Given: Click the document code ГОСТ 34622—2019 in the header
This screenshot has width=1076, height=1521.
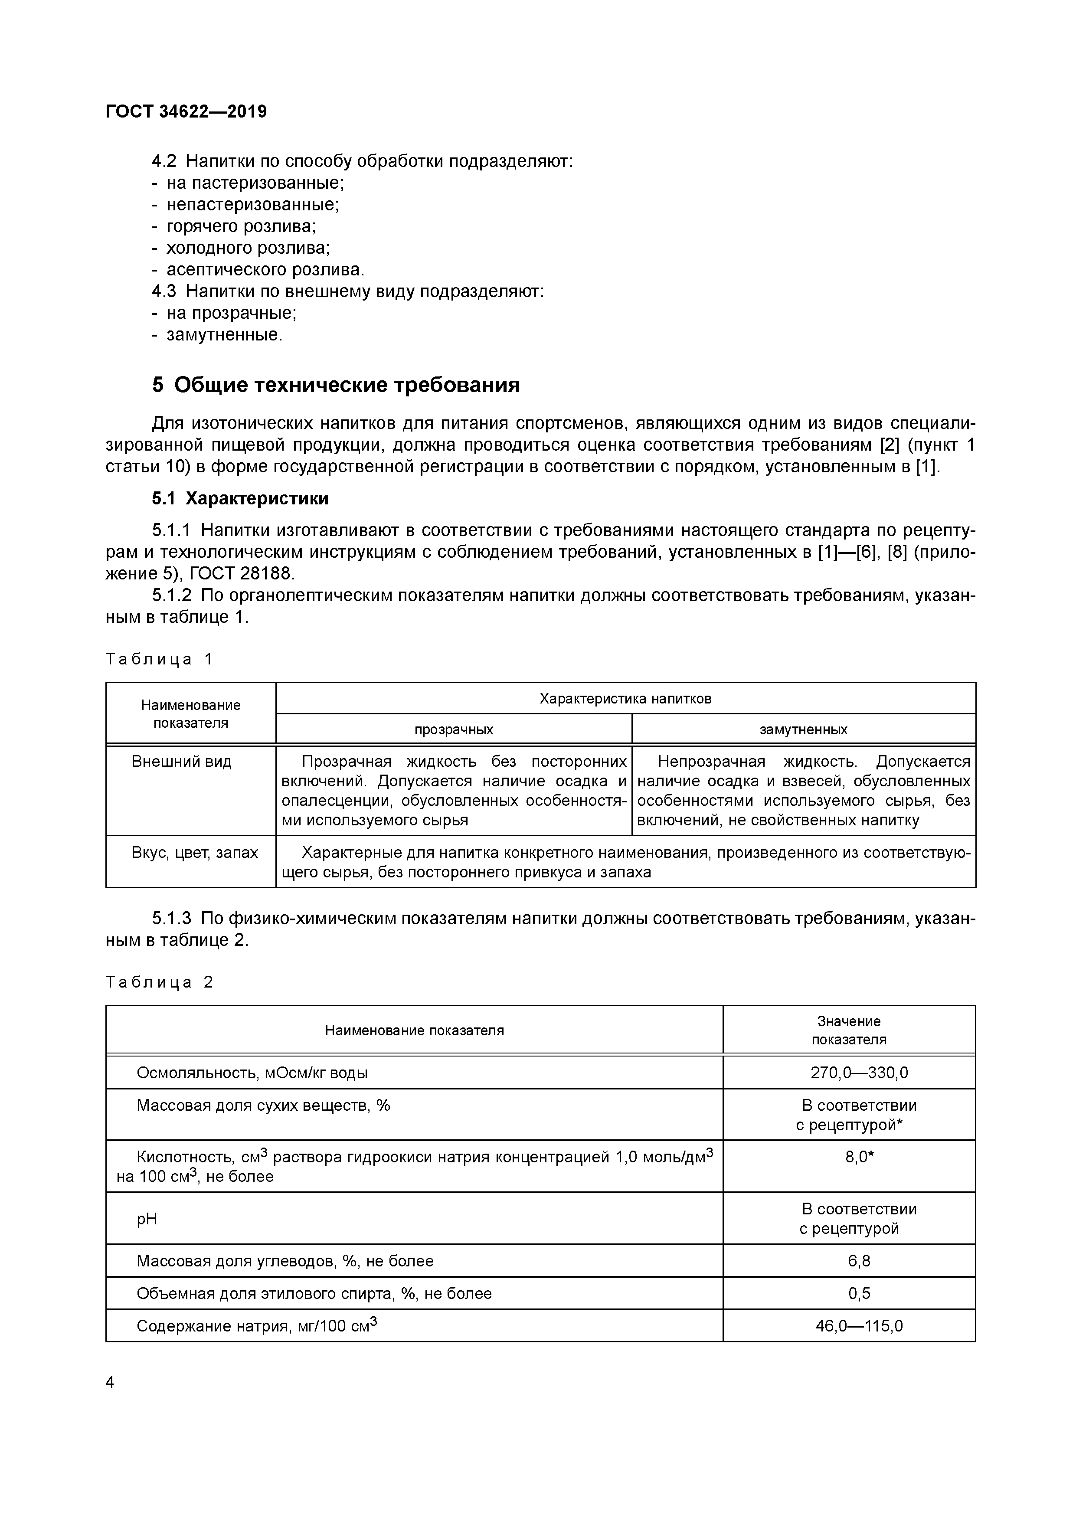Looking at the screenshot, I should tap(186, 111).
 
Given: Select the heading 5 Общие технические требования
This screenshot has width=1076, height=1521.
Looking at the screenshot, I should tap(336, 385).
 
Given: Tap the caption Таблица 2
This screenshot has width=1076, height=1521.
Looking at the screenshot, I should tap(159, 982).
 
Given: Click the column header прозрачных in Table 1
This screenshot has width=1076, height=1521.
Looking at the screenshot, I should tap(454, 729).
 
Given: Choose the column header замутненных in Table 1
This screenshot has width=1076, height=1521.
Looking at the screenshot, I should tap(803, 729).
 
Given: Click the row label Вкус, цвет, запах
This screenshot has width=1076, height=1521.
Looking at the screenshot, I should tap(195, 853).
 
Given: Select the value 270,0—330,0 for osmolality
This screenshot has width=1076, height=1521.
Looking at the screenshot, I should tap(859, 1073).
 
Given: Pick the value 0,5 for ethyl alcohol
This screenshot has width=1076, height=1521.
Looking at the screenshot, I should tap(859, 1293).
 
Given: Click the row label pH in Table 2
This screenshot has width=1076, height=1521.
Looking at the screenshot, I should tap(147, 1219).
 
